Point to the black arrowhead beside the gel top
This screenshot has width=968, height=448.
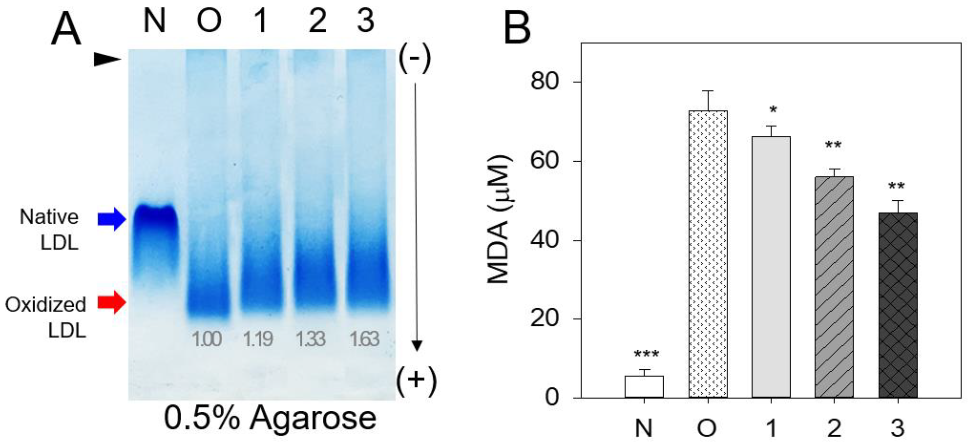(107, 60)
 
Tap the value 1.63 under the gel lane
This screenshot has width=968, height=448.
(364, 339)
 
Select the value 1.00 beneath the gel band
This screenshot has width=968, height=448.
(207, 339)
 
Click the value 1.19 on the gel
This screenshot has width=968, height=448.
(257, 339)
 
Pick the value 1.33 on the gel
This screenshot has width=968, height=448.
(310, 339)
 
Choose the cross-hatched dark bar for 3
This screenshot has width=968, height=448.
(898, 305)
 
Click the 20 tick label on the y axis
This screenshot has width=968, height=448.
(545, 319)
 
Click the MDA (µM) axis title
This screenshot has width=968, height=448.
(499, 220)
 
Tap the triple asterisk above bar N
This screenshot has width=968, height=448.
(646, 354)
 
